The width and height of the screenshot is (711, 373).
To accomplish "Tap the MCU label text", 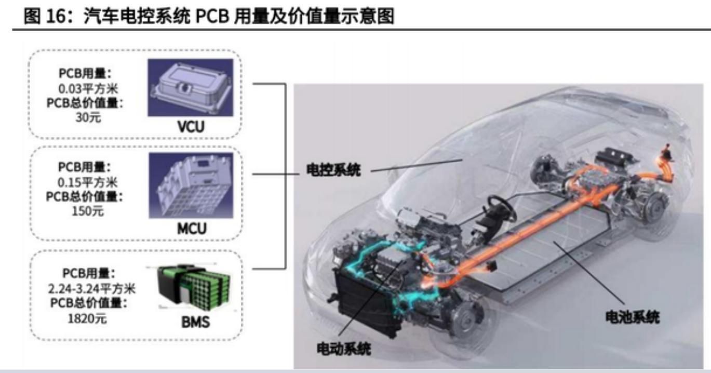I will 191,228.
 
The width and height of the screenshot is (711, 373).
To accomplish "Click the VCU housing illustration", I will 190,87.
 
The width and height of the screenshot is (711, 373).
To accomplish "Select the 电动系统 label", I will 344,349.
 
